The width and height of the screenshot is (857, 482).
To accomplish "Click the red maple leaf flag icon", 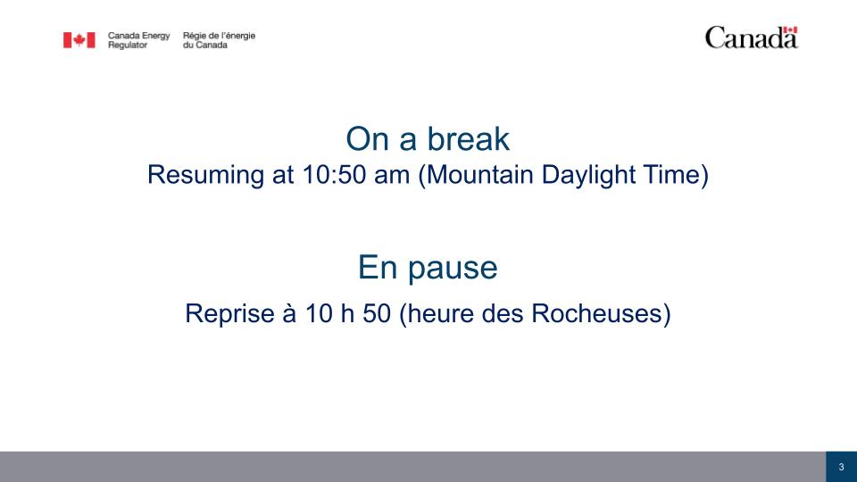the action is pos(79,40).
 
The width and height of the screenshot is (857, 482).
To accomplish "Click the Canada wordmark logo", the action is pos(752,37).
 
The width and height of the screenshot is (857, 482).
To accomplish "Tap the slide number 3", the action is pos(841,467).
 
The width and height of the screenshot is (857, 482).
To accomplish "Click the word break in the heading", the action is pos(469,139).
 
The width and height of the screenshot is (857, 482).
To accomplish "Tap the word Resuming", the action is pos(205,176).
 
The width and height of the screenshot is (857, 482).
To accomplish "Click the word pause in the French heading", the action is pos(453,269).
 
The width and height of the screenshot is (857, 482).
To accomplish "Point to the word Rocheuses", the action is pos(596,313).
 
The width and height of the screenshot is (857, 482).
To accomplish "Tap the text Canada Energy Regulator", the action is pos(139,40).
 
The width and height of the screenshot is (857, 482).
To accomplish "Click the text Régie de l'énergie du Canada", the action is pos(220,40).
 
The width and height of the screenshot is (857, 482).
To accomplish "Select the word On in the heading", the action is pos(368,139).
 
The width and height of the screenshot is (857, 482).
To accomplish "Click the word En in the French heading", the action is pos(378,267).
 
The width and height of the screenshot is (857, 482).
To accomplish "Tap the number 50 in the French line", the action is pos(377,313).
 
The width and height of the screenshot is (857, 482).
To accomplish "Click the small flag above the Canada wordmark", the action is pos(790,30).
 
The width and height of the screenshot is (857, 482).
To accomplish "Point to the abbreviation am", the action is pos(392,176).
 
